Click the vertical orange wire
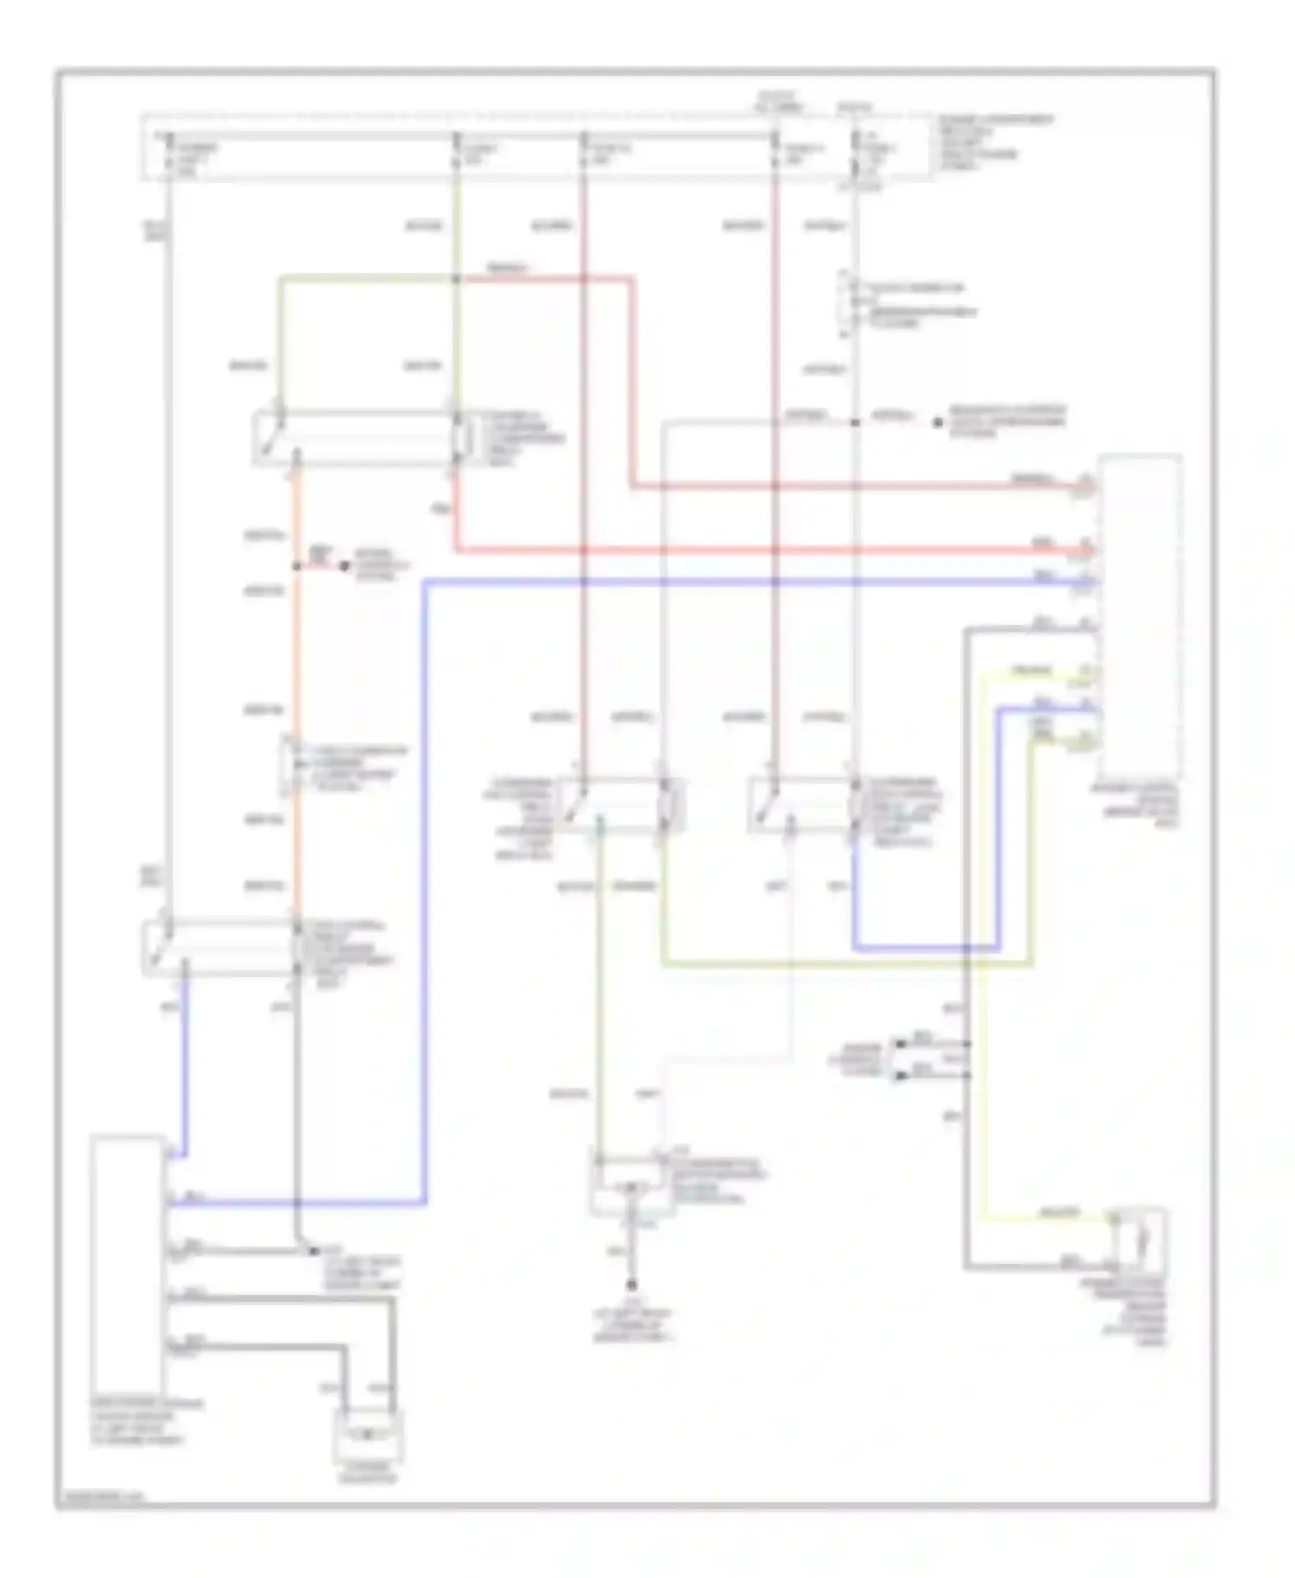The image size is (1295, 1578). click(296, 656)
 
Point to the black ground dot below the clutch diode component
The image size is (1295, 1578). click(632, 1284)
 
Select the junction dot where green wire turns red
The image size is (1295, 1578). click(457, 279)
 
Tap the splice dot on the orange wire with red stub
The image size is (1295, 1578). click(296, 566)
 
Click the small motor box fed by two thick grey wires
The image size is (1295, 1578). click(368, 1435)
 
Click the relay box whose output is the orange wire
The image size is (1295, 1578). click(363, 438)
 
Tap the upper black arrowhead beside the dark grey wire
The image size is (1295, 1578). click(900, 1044)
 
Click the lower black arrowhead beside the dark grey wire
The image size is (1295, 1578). click(900, 1076)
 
